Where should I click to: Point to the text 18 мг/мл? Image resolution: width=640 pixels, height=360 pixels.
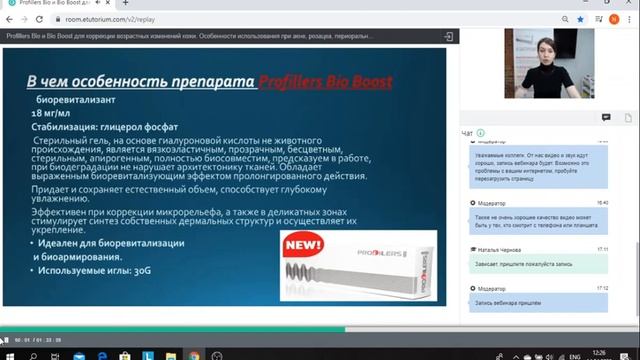(51, 115)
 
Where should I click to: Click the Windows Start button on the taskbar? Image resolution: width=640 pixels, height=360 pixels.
(7, 353)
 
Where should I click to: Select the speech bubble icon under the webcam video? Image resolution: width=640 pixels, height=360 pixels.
(606, 117)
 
